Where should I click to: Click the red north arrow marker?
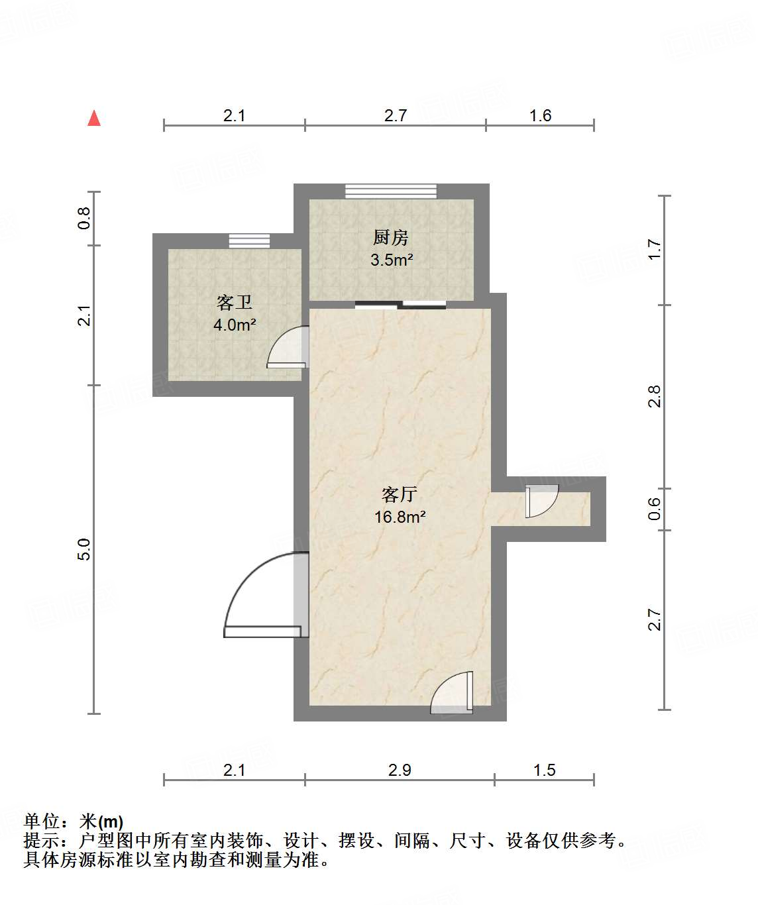point(94,118)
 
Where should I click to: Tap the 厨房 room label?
point(391,237)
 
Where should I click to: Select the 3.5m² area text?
point(392,260)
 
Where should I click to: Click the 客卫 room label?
point(235,303)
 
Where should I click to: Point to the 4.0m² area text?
point(235,325)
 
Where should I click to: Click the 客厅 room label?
point(400,494)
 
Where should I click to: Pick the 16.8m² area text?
point(400,517)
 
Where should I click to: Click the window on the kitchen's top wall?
point(391,191)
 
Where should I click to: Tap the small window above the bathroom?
point(249,240)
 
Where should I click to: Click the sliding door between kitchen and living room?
point(400,305)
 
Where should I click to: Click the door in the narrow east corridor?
point(541,501)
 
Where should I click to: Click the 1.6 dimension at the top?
point(540,115)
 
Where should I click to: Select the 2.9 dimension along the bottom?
point(400,770)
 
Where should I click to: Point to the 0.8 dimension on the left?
point(84,218)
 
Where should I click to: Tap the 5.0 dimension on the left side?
point(84,549)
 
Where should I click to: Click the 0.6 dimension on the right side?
point(655,509)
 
